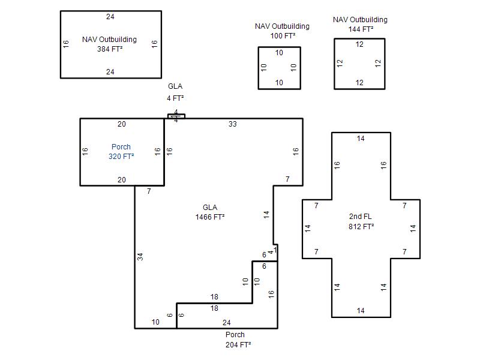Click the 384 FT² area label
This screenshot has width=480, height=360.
click(x=110, y=49)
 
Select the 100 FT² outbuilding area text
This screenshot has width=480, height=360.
click(x=283, y=36)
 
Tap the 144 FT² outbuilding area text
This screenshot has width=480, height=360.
click(x=361, y=29)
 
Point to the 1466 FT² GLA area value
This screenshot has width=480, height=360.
click(x=210, y=217)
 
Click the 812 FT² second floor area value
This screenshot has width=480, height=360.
click(x=361, y=227)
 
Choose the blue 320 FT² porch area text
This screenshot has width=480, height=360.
click(x=121, y=157)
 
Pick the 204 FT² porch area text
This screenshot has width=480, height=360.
click(x=238, y=344)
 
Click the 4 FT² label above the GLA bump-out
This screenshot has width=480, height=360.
click(x=175, y=98)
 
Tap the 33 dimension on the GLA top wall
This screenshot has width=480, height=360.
click(x=233, y=124)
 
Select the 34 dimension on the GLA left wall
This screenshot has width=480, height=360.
click(x=140, y=257)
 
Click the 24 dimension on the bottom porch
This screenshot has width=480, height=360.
click(x=227, y=322)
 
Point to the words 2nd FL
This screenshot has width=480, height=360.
click(x=361, y=217)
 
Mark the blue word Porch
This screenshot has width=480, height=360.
click(x=121, y=146)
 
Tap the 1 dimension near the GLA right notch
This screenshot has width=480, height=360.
click(x=275, y=250)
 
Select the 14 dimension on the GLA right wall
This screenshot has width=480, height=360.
click(x=266, y=215)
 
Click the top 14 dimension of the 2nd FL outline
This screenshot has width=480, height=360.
click(x=361, y=139)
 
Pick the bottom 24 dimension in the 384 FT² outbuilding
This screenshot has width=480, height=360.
click(x=110, y=71)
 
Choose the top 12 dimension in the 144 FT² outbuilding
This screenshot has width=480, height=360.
click(x=359, y=44)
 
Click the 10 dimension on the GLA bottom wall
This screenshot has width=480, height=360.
click(x=155, y=322)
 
